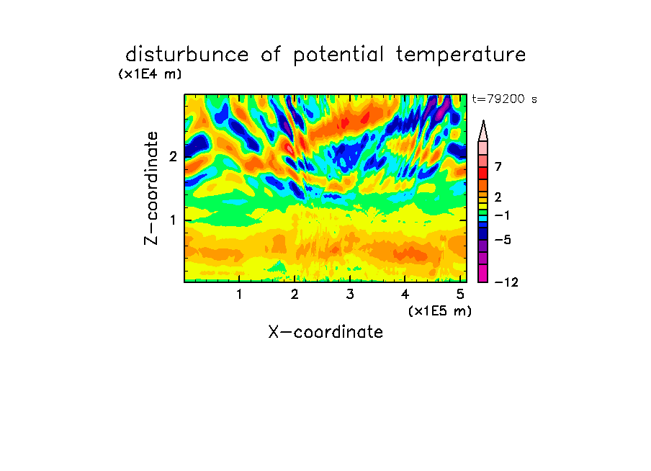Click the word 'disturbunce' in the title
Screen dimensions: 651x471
[187, 55]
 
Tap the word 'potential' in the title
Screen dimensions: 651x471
[338, 55]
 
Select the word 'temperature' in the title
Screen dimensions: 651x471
[461, 55]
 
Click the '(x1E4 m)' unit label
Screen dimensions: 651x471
[150, 74]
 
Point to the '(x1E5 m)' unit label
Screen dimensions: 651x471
[440, 310]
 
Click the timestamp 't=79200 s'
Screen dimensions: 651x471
[504, 99]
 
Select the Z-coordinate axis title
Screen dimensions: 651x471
[151, 188]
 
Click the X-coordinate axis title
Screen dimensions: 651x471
[325, 332]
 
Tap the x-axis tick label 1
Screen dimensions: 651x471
[239, 295]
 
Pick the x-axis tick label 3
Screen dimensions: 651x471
[350, 295]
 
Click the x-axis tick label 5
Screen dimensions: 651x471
[460, 295]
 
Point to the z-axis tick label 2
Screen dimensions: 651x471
[173, 156]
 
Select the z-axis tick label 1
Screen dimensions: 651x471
[173, 220]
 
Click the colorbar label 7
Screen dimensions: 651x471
[498, 167]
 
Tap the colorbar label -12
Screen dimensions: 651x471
[506, 282]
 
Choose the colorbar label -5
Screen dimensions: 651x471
[503, 240]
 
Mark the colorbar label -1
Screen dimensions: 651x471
[503, 215]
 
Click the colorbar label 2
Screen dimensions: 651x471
[498, 197]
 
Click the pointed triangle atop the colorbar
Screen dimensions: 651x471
[483, 131]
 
